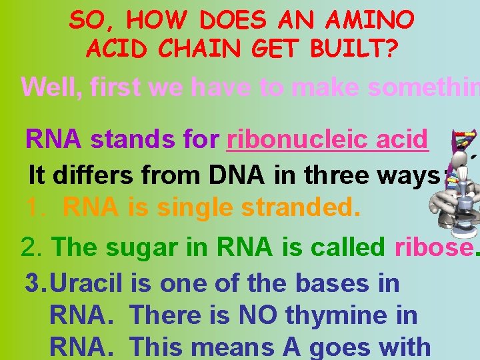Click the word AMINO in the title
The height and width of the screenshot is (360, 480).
pos(375,21)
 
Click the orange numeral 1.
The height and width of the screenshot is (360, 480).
pos(35,208)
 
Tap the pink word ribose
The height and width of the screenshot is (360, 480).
pos(432,247)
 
